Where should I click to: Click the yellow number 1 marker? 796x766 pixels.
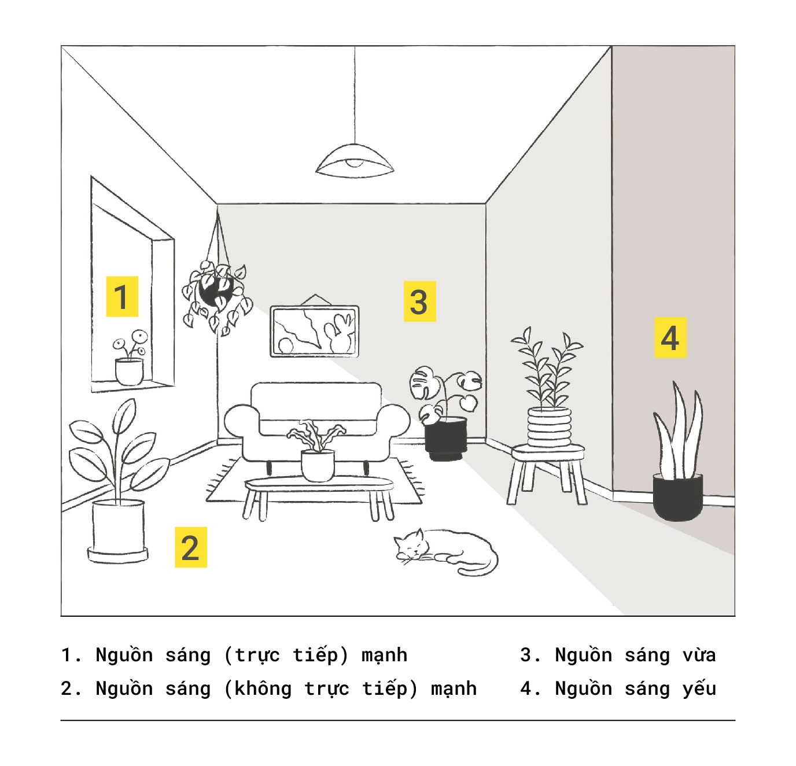coord(122,296)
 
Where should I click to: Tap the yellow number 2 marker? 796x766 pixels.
coord(191,547)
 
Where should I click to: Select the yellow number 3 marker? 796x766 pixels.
coord(419,301)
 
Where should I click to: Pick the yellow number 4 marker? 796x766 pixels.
coord(670,337)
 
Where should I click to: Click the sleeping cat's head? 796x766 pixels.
coord(411,546)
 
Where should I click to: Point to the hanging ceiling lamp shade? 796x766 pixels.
coord(355,161)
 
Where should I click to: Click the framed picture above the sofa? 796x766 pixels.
coord(314,331)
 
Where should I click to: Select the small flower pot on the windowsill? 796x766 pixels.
coord(129,371)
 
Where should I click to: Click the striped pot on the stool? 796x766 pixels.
coord(549,426)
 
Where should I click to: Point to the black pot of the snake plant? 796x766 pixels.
coord(678,497)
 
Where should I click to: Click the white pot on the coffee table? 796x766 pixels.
coord(318,466)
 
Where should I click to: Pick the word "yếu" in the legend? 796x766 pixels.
coord(699,688)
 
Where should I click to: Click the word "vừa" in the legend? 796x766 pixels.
coord(699,655)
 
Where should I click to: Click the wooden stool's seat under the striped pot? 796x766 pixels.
coord(548,453)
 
